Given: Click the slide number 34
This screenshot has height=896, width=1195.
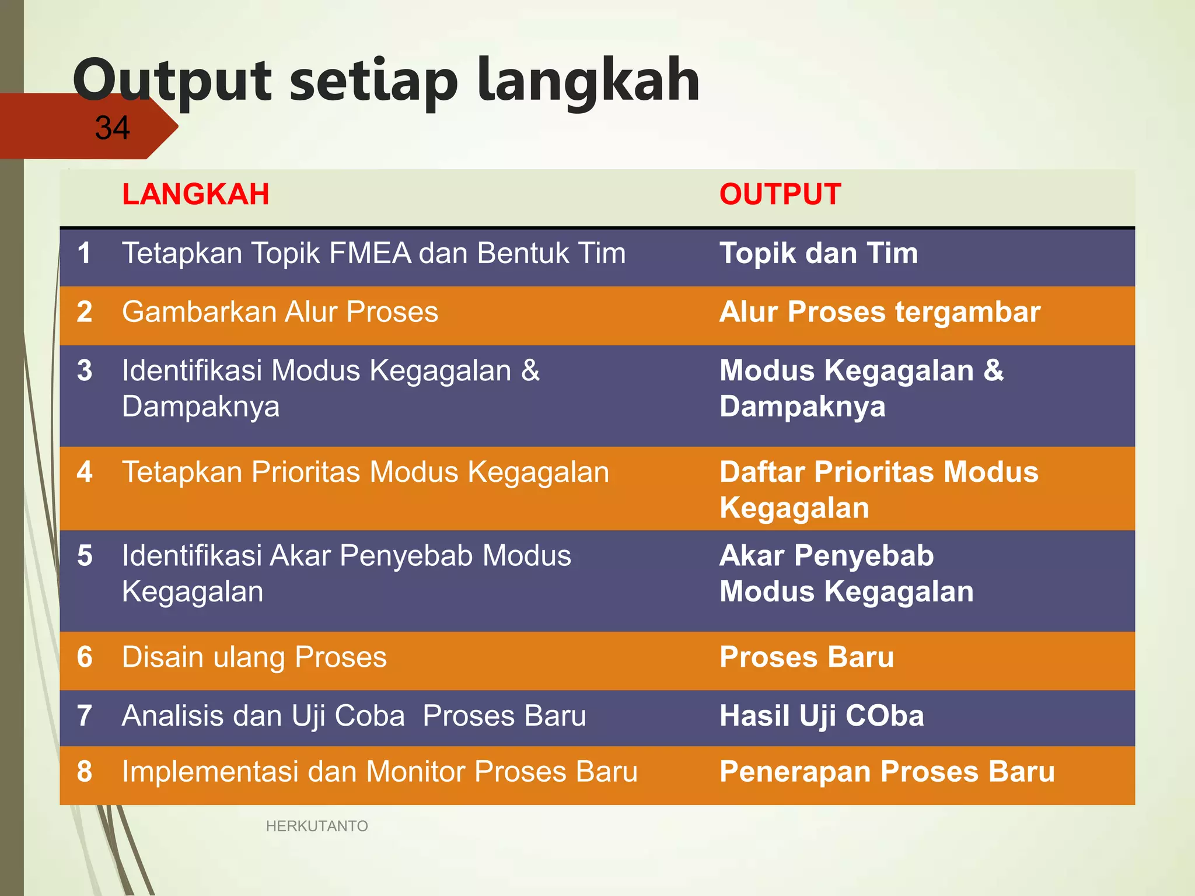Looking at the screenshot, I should pos(112,128).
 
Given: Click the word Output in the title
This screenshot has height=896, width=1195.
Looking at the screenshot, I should pos(172,82).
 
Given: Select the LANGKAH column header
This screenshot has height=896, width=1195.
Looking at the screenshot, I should pos(195,194).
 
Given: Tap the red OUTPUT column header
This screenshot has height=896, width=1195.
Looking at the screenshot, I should pos(780,194).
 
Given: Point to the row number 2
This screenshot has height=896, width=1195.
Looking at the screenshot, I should pos(85,312).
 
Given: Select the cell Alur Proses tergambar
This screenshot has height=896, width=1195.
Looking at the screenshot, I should pos(879,312).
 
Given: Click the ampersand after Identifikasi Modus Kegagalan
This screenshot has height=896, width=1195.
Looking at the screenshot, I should pos(530,370).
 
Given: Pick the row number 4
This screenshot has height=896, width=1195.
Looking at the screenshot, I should pos(85,472).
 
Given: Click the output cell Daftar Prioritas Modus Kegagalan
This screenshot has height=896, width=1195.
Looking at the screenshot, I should pos(878,489).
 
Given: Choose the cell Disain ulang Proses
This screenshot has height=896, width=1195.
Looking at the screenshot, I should pos(254,657).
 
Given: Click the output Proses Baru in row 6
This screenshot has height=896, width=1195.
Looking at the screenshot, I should pos(806,657).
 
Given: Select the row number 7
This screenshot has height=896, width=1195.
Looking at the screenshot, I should pos(85,716).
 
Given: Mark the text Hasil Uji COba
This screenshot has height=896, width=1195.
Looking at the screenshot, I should pos(822,716).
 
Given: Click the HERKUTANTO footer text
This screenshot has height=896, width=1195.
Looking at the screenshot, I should pos(317,826).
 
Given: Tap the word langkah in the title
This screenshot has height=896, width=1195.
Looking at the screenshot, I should pos(588,82).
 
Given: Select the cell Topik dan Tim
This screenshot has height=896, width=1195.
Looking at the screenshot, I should pos(819,254).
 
